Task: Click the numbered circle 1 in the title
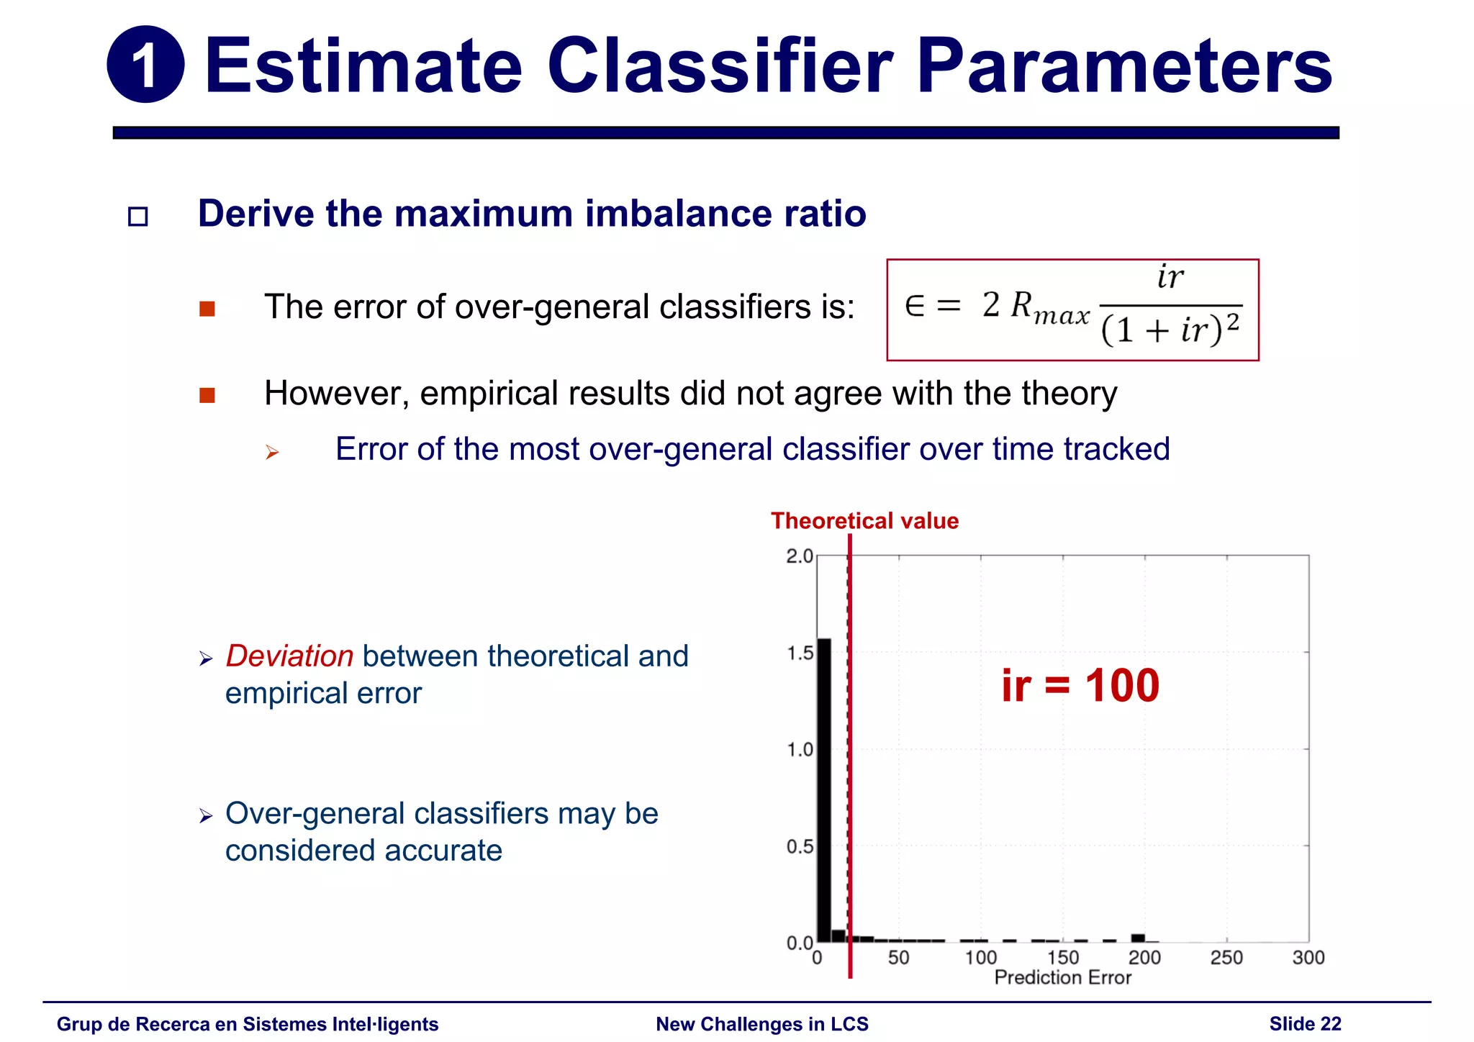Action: pos(145,65)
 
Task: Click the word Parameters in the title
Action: pos(1124,66)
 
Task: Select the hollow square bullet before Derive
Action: pos(137,217)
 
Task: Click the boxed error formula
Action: pos(1072,309)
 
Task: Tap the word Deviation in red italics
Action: pos(289,656)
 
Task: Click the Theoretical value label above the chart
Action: pos(864,520)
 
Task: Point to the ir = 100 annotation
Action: pos(1080,685)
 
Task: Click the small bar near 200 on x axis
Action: pos(1138,938)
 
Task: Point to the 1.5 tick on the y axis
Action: pos(799,653)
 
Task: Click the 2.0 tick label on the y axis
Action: pos(799,556)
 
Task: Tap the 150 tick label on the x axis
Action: pos(1062,958)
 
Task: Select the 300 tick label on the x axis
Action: pos(1308,958)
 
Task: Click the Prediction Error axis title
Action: pos(1062,978)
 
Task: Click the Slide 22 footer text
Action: pos(1305,1024)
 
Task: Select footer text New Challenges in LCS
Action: pos(762,1024)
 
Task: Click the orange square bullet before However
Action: pos(207,395)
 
